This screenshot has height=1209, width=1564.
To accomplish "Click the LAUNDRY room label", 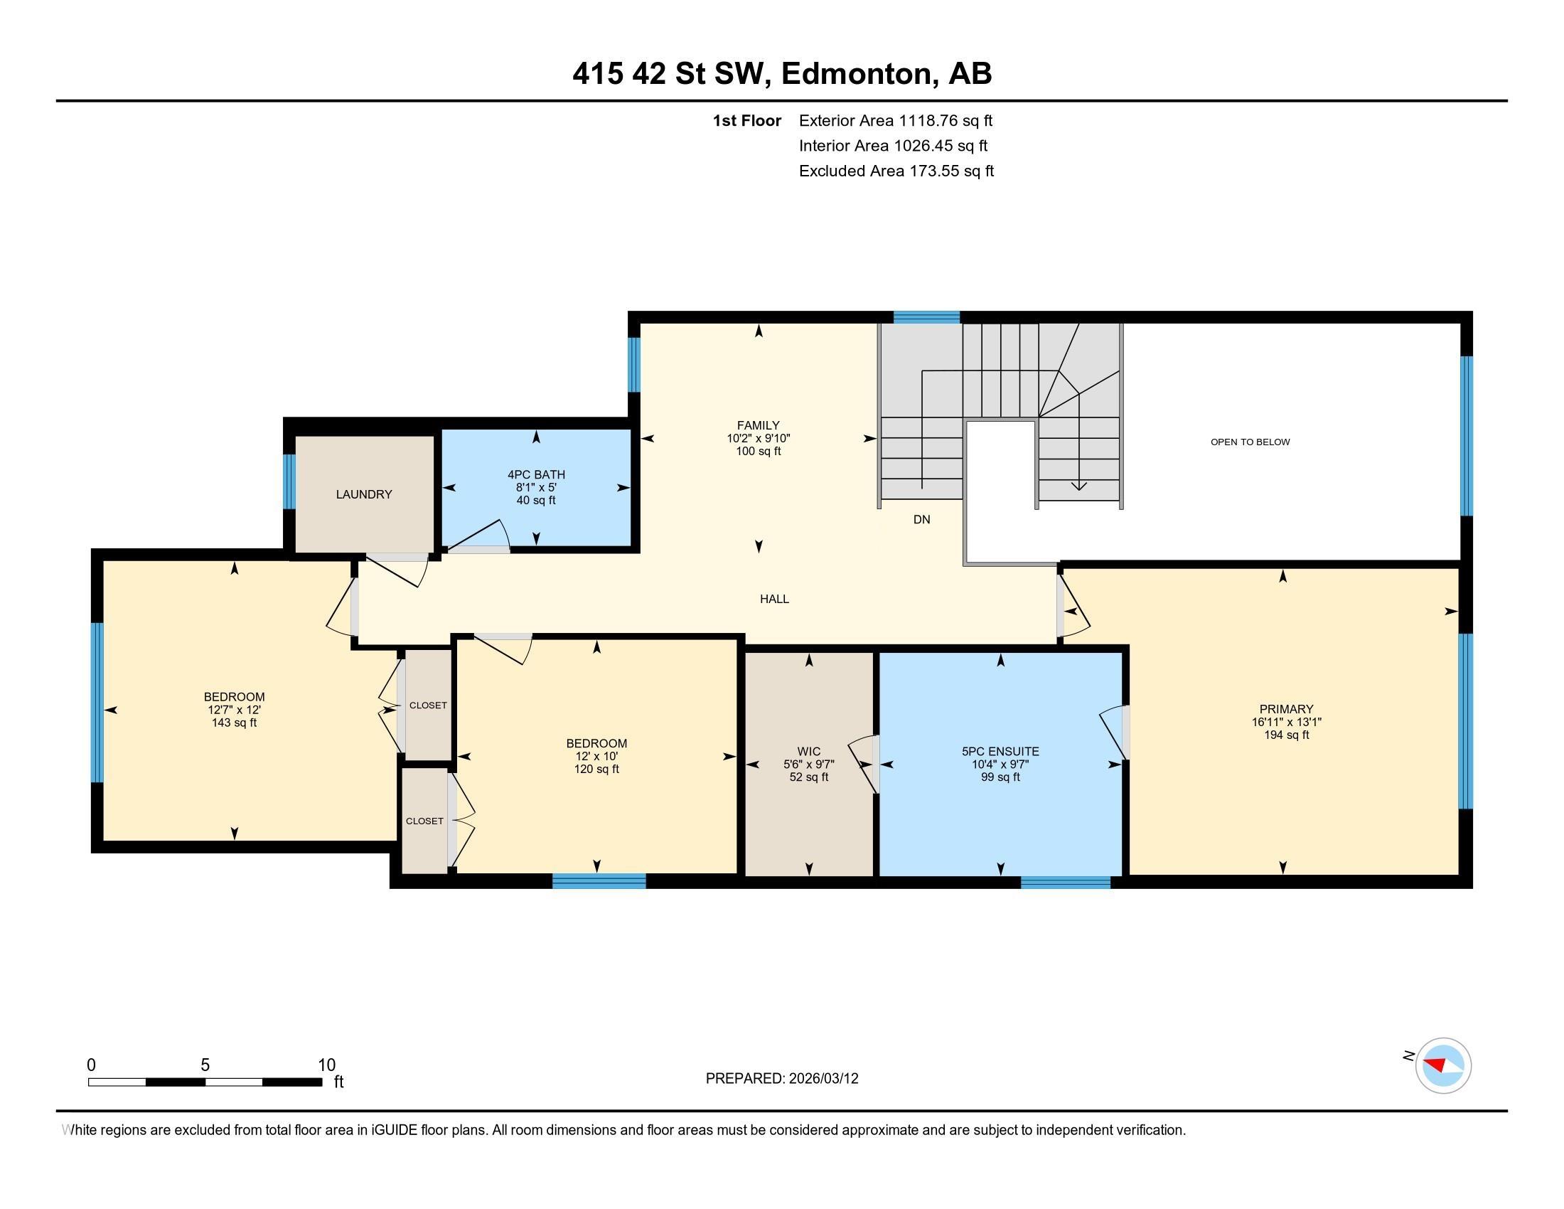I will [364, 494].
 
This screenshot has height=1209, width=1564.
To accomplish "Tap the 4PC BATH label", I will [536, 474].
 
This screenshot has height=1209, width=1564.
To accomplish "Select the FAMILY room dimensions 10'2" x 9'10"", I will [759, 438].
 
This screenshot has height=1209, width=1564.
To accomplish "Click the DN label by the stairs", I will [921, 519].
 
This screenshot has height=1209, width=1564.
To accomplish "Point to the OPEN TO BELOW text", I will [1250, 442].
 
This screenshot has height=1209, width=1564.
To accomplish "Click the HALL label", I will [774, 599].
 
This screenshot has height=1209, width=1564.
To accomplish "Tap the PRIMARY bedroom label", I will [1286, 709].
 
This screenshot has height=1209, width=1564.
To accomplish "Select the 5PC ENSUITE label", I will [1000, 751].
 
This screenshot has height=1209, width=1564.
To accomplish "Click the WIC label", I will [808, 751].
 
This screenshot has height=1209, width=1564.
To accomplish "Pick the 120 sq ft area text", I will [596, 769].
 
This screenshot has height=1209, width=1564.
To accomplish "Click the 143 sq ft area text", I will [234, 723].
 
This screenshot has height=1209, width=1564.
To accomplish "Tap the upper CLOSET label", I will [428, 705].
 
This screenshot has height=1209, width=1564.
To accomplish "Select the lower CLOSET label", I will [424, 821].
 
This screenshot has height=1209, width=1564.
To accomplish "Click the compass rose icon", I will [1443, 1066].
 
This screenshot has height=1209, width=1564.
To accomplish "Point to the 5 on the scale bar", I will [205, 1065].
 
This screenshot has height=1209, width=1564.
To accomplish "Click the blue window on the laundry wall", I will [289, 481].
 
